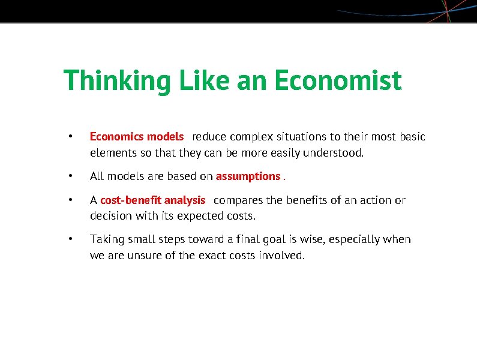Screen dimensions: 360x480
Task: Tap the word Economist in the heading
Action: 338,81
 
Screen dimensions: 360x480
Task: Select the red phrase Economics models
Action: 137,137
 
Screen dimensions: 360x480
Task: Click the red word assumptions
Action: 248,176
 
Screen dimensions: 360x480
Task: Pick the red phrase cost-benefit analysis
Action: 152,200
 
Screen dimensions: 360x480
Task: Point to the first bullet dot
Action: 71,137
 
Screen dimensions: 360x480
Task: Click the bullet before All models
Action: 71,176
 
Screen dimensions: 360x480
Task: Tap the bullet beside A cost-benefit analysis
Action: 71,200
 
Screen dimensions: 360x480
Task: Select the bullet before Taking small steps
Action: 71,239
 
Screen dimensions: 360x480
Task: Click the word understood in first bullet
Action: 336,153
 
